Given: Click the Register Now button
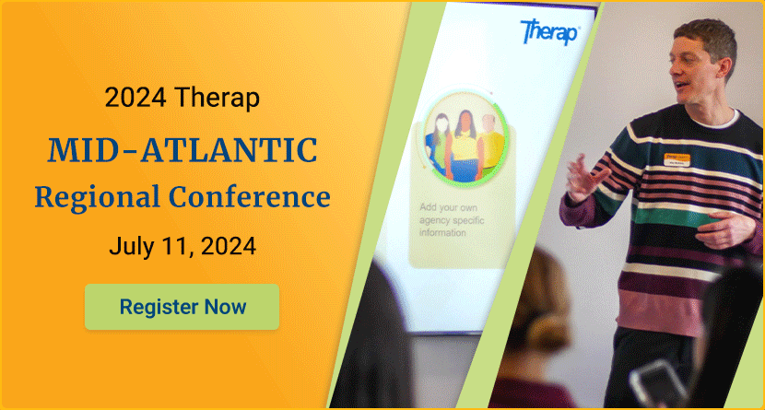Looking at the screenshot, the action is click(x=182, y=307).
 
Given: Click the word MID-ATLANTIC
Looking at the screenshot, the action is click(x=182, y=150).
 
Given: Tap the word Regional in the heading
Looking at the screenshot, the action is click(x=97, y=197).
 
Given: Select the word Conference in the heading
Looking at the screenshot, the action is click(x=250, y=196).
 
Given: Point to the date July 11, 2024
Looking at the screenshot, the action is click(x=182, y=246).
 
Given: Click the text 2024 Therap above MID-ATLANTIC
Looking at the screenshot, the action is click(x=182, y=97).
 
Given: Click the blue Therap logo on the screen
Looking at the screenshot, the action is click(x=549, y=31).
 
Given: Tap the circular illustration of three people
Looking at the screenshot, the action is click(x=465, y=137).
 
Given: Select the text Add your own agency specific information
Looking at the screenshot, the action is click(x=452, y=220).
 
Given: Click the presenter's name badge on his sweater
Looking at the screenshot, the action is click(x=677, y=159).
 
